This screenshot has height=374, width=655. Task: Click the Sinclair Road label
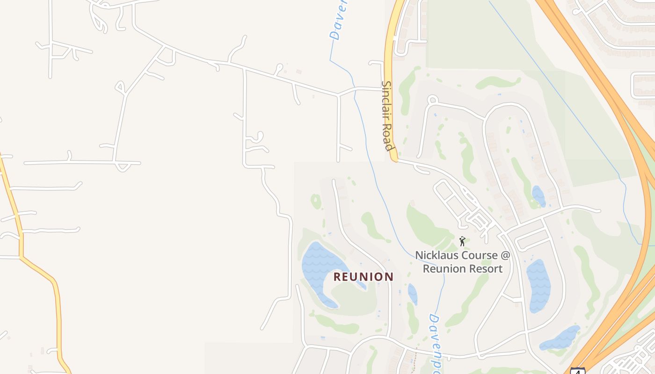coord(387,115)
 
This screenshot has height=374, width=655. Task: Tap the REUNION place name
coord(363,277)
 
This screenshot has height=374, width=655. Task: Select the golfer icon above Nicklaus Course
coord(462,241)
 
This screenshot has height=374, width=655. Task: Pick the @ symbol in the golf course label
coord(505,255)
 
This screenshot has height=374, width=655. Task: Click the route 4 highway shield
coord(577,371)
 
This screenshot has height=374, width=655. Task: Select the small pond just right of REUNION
coord(412,294)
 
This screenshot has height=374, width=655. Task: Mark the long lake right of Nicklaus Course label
coord(538,285)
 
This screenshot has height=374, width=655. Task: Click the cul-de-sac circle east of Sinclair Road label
coord(432,100)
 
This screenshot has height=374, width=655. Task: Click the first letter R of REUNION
coord(337,277)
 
